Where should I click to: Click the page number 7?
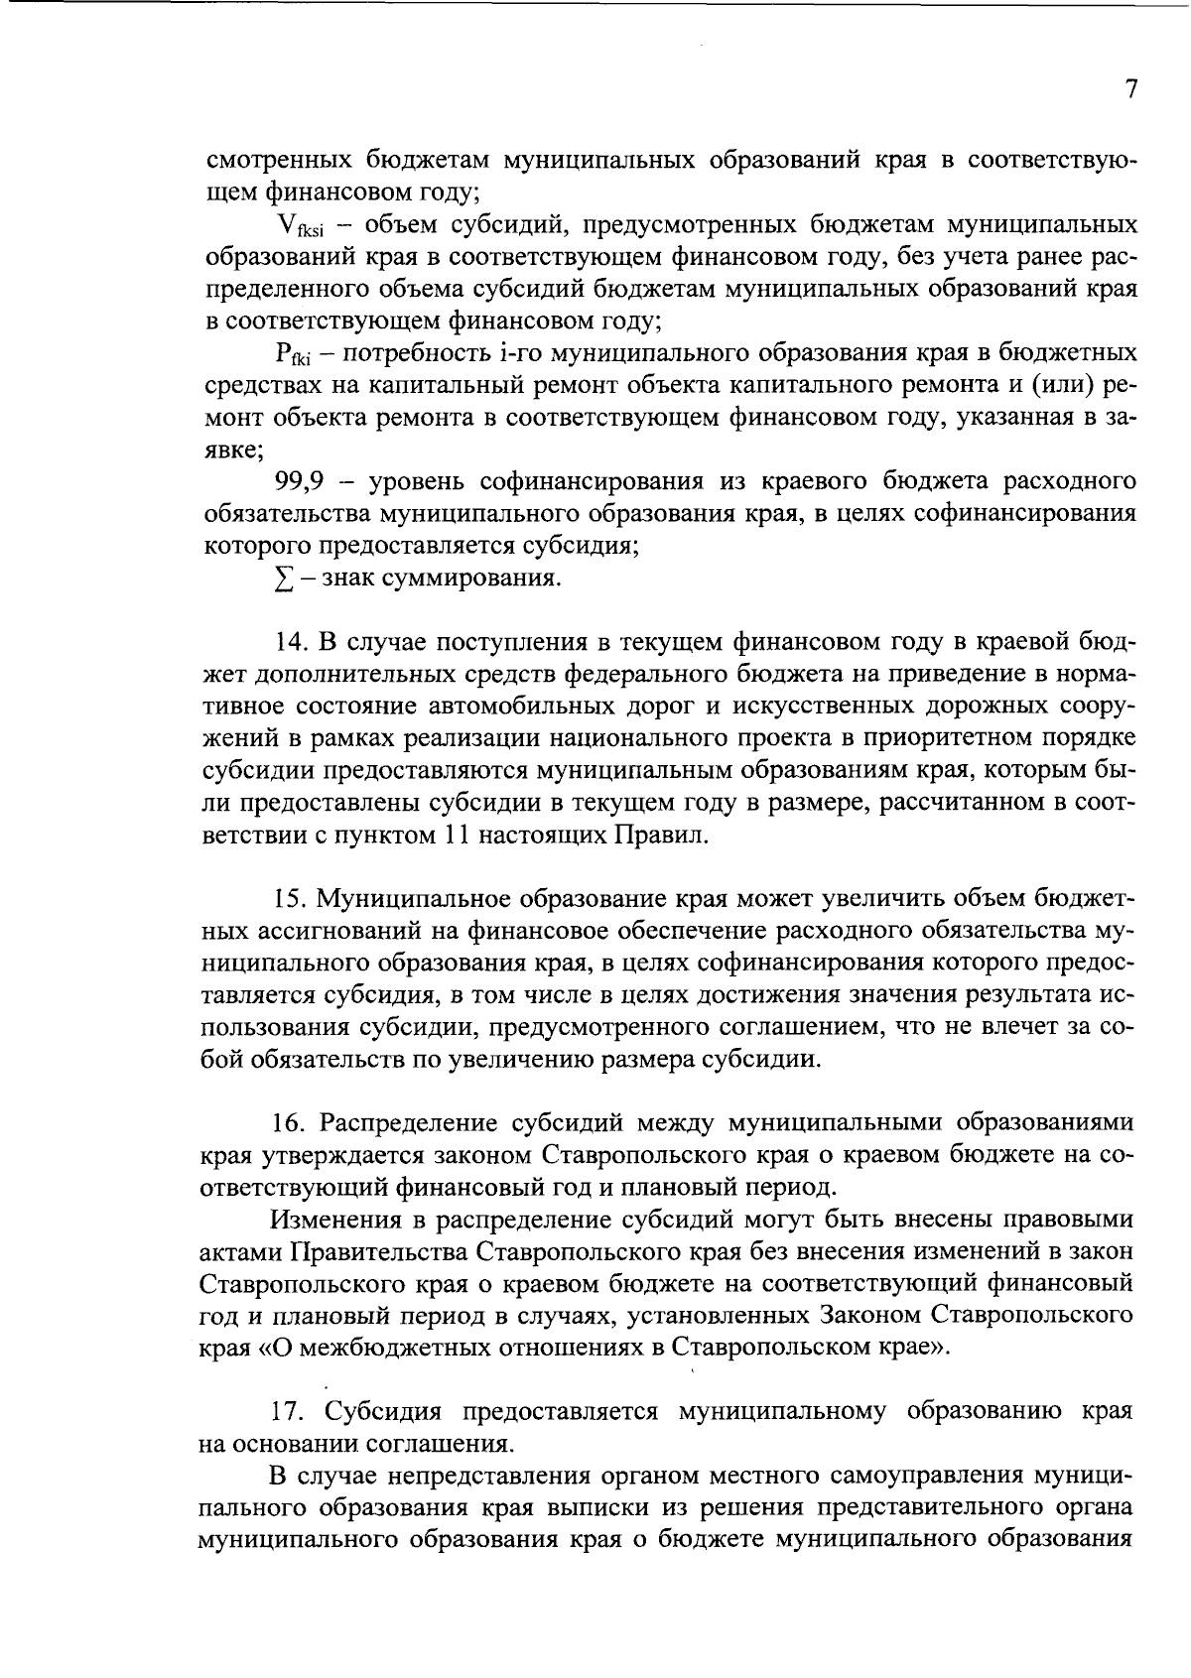point(1130,90)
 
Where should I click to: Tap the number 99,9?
point(299,482)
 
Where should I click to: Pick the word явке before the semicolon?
point(229,451)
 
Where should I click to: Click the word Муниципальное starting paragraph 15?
point(417,900)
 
